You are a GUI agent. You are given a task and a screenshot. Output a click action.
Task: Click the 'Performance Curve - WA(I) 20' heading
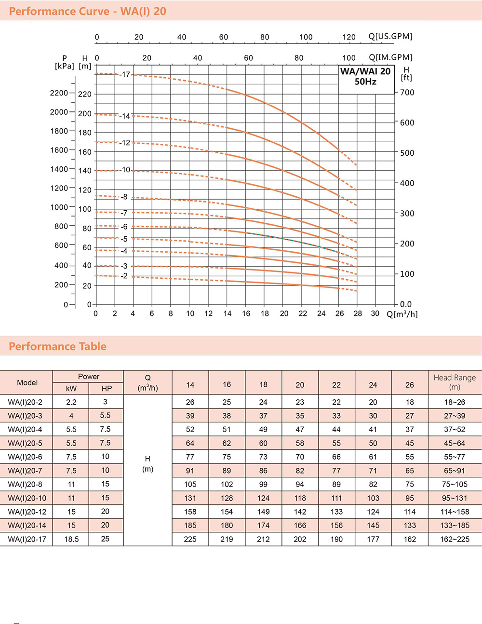coord(88,11)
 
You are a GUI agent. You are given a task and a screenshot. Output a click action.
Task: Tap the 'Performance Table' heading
coord(58,346)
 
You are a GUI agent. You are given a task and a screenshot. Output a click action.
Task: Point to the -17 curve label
coord(125,75)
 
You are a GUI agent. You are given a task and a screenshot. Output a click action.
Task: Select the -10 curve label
coord(125,170)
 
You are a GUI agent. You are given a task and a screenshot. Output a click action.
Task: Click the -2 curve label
coord(124,276)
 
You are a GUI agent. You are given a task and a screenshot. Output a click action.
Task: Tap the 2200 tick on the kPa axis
coord(59,93)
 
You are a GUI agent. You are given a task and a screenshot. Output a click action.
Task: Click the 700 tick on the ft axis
coord(407,93)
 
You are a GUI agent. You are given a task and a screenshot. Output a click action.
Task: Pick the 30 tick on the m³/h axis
coord(375,313)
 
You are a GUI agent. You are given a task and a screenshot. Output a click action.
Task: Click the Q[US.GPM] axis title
coord(390,37)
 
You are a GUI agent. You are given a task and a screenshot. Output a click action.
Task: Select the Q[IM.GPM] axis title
coord(390,57)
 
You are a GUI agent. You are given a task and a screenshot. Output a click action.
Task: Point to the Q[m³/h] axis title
coord(402,314)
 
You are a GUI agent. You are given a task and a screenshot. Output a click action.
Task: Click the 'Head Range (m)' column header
coord(455,382)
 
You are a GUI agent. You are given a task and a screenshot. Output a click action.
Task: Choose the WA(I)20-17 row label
coord(27,539)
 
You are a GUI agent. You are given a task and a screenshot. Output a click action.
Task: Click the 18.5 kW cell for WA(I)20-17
coord(71,539)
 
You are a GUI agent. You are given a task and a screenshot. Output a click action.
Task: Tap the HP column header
coord(107,389)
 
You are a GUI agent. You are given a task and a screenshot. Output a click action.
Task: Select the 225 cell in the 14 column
coord(190,539)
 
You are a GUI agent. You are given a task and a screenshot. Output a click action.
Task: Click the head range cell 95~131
coord(455,498)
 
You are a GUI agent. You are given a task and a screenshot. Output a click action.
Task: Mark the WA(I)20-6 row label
coord(25,457)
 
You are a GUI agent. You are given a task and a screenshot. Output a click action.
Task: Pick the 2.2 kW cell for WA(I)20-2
coord(71,402)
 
